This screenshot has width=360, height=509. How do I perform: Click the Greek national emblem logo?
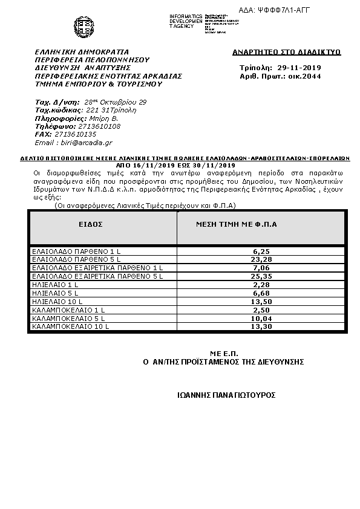[x=83, y=26]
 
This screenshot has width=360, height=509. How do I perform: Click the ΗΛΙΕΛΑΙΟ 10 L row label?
[x=57, y=301]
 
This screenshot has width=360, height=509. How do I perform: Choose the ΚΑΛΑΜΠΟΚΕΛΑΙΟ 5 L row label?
[x=68, y=318]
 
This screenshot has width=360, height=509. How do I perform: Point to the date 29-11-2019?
[x=298, y=68]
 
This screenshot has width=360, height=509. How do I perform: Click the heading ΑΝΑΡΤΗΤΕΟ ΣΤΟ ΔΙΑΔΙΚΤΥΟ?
[x=286, y=52]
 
